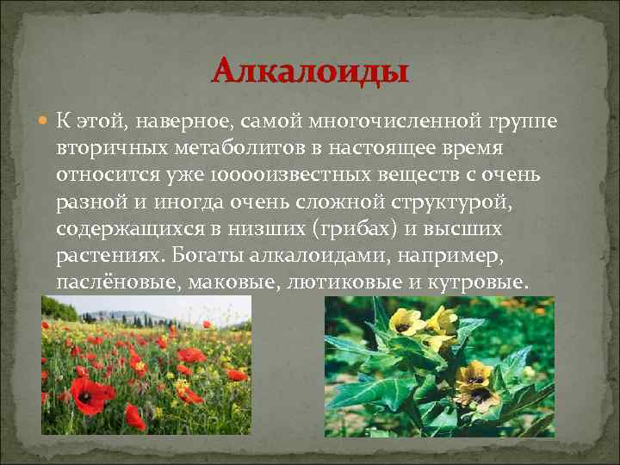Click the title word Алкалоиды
(310, 71)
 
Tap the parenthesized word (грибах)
(356, 231)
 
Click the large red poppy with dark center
(90, 394)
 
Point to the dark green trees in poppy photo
(60, 309)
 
